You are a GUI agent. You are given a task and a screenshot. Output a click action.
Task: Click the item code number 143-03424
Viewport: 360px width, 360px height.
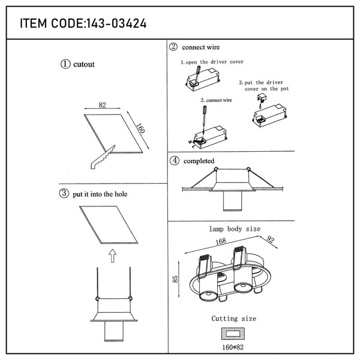[x=116, y=23]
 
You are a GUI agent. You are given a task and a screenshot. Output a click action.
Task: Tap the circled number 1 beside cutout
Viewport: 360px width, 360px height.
[x=65, y=64]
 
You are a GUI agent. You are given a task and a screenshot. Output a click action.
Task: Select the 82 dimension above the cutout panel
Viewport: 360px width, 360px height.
[x=103, y=105]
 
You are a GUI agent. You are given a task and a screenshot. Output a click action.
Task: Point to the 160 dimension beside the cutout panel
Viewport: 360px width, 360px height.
[x=140, y=128]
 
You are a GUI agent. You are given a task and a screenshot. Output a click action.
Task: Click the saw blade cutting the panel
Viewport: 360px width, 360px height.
[x=103, y=157]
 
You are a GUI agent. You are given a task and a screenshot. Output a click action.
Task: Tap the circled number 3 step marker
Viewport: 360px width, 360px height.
[x=64, y=193]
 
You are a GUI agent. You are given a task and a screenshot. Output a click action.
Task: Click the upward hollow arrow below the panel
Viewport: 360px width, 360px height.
[x=113, y=256]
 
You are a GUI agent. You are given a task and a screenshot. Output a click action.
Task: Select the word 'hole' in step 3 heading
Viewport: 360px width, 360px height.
[x=121, y=194]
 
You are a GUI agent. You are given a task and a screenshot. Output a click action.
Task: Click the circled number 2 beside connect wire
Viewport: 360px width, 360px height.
[x=173, y=47]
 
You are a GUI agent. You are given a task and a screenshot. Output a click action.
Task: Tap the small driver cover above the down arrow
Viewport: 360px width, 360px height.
[x=262, y=98]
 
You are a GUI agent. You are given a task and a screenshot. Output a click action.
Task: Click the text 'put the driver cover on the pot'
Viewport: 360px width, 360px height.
[x=263, y=86]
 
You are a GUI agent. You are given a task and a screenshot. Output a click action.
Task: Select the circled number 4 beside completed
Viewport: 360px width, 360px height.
[x=175, y=160]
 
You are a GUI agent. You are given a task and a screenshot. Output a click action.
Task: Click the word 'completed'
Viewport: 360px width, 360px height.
[x=199, y=161]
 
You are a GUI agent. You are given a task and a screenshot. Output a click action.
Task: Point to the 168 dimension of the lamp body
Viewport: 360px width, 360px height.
[x=221, y=241]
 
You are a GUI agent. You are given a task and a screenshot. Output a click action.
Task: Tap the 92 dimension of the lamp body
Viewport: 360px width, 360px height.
[x=271, y=239]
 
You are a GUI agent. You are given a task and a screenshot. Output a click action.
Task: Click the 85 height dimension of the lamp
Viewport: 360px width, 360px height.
[x=175, y=279]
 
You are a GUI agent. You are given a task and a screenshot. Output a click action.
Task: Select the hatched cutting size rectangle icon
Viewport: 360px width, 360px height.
[x=233, y=334]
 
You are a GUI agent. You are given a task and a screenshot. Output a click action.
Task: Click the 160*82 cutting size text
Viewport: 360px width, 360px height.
[x=233, y=347]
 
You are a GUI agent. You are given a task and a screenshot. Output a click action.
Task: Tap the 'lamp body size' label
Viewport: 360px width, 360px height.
[x=235, y=229]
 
